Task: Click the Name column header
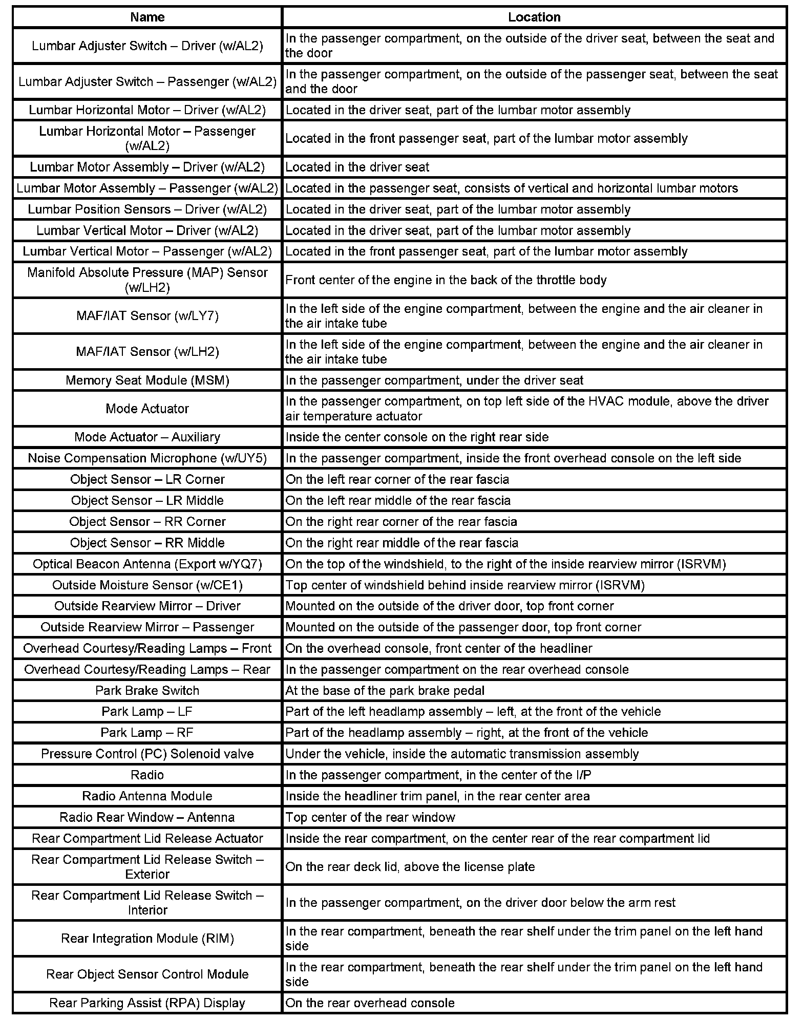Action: (147, 17)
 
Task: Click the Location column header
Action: (534, 17)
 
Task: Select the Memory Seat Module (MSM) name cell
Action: (147, 380)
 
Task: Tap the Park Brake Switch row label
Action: (147, 691)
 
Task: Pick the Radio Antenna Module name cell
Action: (147, 796)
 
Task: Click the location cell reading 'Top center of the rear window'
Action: (370, 817)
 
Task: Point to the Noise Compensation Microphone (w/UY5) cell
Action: (147, 458)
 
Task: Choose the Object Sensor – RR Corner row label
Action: (147, 522)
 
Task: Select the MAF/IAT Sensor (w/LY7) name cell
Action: (147, 316)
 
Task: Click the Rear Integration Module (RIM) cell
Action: (147, 939)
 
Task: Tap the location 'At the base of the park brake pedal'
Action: (385, 691)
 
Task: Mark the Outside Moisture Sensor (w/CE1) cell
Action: (147, 585)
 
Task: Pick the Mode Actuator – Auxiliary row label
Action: (147, 437)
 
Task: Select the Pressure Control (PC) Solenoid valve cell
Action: (147, 754)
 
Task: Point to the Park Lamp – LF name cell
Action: (147, 712)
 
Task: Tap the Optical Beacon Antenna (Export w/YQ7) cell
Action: (147, 564)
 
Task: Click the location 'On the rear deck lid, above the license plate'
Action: (410, 867)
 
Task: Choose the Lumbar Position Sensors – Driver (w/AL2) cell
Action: (147, 209)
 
